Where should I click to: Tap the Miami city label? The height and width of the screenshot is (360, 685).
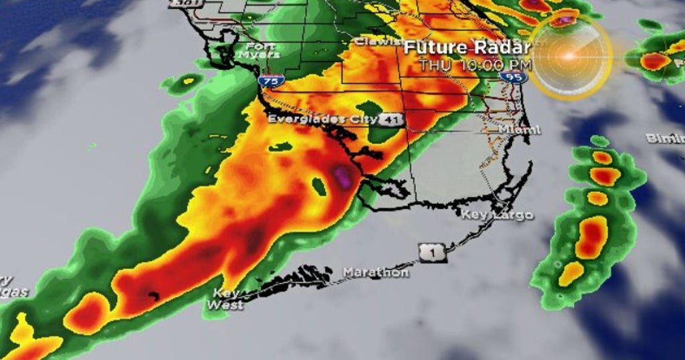(519, 129)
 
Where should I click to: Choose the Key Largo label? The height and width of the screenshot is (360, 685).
(498, 215)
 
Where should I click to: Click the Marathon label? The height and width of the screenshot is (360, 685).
(375, 272)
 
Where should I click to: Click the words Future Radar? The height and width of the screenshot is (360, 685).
(467, 48)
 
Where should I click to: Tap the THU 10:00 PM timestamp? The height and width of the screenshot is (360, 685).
(476, 65)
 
